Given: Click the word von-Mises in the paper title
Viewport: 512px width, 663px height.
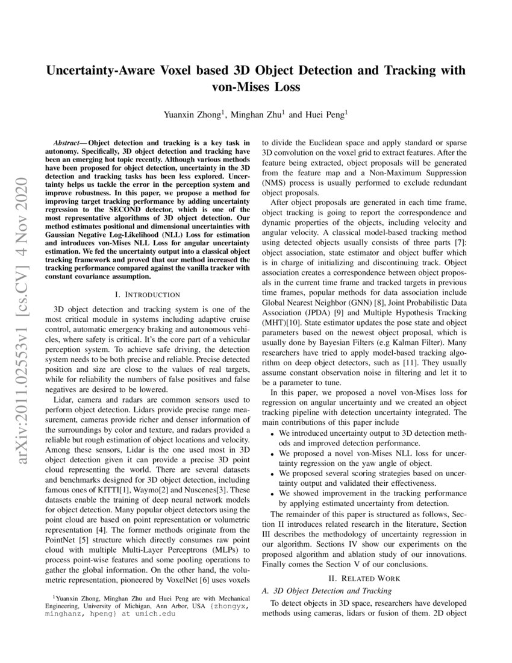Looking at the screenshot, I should pyautogui.click(x=238, y=86).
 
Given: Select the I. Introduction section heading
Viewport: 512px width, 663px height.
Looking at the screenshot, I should pyautogui.click(x=147, y=294).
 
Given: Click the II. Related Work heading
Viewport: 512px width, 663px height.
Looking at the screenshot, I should pyautogui.click(x=363, y=578).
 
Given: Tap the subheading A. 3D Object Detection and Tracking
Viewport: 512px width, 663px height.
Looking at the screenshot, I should pyautogui.click(x=323, y=591).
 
